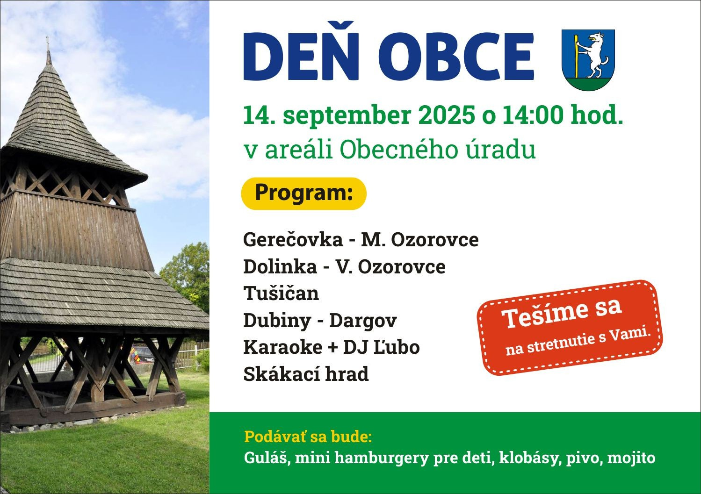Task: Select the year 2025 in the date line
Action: [446, 115]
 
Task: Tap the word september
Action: [347, 116]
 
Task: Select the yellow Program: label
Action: [304, 193]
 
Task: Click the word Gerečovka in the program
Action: [293, 240]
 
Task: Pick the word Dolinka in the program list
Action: [280, 267]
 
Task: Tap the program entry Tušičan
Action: [281, 294]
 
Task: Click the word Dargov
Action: [363, 321]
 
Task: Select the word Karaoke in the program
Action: [283, 347]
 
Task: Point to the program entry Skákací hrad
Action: [306, 374]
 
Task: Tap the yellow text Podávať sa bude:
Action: [308, 437]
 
